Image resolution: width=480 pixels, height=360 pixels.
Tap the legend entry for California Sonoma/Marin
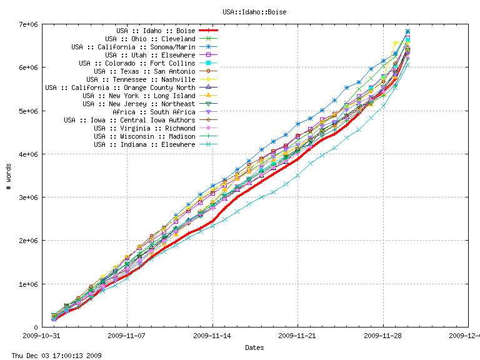click(x=133, y=47)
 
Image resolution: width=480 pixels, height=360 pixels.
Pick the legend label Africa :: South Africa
click(x=154, y=112)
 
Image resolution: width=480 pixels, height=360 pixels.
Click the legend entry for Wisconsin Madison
click(x=144, y=136)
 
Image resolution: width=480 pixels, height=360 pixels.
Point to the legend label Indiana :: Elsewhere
click(x=144, y=144)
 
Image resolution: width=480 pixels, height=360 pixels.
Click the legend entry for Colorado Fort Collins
click(x=137, y=63)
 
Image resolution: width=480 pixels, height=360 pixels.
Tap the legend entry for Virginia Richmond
click(x=144, y=128)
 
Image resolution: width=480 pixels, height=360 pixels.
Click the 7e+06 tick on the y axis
click(x=29, y=24)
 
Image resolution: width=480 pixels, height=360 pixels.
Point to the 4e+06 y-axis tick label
click(x=29, y=154)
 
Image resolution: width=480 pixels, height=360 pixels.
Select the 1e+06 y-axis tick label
click(x=29, y=284)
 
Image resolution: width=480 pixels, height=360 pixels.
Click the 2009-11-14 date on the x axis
click(x=212, y=336)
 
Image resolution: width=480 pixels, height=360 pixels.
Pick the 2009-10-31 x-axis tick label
click(x=42, y=336)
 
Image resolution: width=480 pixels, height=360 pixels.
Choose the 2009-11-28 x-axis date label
click(x=383, y=336)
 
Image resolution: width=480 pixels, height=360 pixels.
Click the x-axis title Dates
click(x=254, y=347)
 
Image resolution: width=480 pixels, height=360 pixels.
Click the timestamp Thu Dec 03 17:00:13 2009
click(x=52, y=356)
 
